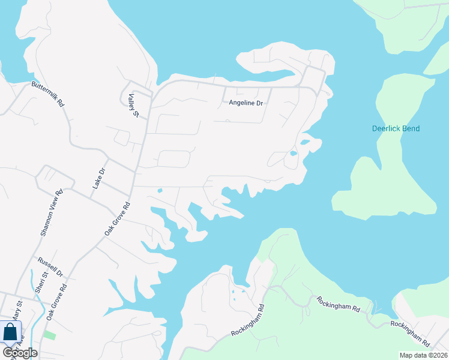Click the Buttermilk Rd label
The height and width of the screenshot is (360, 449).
pyautogui.click(x=48, y=94)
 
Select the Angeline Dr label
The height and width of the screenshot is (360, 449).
pyautogui.click(x=246, y=103)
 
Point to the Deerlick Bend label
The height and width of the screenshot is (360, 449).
pyautogui.click(x=396, y=128)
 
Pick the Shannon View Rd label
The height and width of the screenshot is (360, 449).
pyautogui.click(x=51, y=213)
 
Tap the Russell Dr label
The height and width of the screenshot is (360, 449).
pyautogui.click(x=50, y=267)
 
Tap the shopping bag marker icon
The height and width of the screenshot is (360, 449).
pyautogui.click(x=10, y=332)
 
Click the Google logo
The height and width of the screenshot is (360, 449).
pyautogui.click(x=20, y=353)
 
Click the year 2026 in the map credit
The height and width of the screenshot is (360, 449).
pyautogui.click(x=438, y=355)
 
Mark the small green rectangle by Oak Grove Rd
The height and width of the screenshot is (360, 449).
pyautogui.click(x=50, y=335)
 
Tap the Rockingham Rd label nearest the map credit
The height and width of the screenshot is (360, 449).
pyautogui.click(x=411, y=334)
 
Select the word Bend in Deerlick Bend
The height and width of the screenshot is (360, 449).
pyautogui.click(x=411, y=128)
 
